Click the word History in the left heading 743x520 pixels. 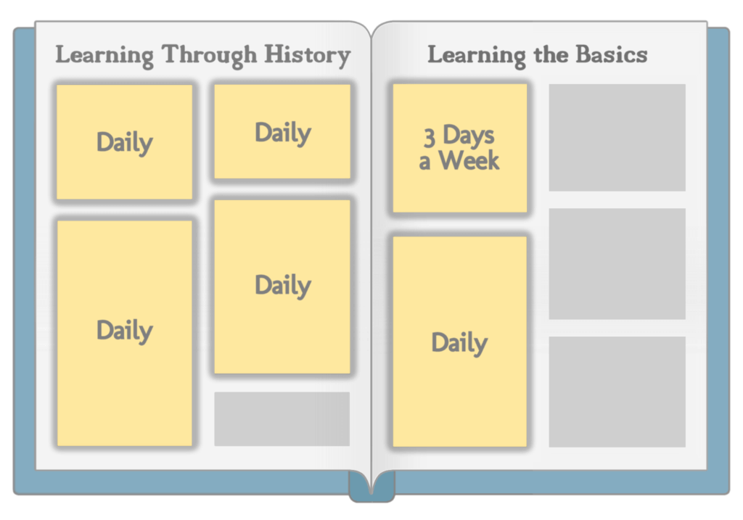307,55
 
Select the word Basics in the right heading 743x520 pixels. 611,54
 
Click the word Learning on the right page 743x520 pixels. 477,56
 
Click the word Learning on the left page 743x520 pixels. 104,56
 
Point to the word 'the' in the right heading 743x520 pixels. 551,54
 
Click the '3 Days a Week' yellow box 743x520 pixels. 459,148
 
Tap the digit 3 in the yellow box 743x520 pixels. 429,137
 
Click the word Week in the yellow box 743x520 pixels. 469,160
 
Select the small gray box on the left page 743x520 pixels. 282,418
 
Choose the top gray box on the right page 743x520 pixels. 617,137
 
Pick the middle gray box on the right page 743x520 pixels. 617,264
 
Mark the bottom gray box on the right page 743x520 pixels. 617,392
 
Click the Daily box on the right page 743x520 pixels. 459,342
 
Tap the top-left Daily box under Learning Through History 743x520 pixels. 125,141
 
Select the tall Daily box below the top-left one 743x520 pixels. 125,333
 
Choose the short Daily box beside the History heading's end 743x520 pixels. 282,131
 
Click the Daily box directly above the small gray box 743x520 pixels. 282,286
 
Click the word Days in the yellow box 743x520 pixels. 468,136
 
